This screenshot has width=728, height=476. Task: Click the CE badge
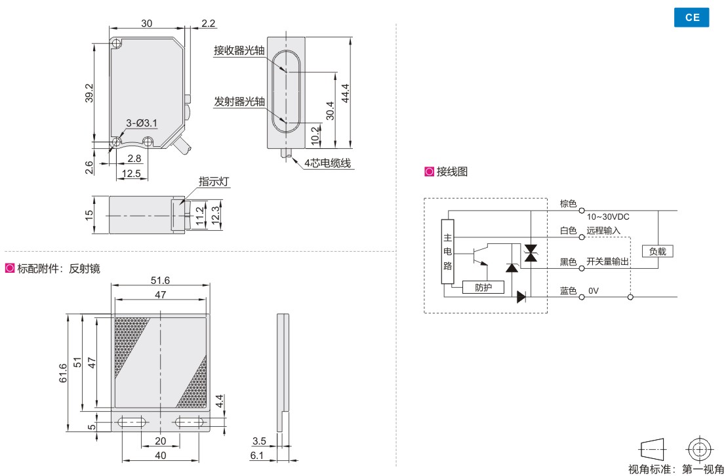click(x=692, y=18)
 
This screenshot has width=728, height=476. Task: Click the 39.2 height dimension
click(x=89, y=92)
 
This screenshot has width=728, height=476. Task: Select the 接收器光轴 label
click(x=239, y=50)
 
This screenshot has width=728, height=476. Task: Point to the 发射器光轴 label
click(x=239, y=102)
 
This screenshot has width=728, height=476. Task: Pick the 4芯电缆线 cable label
click(x=327, y=163)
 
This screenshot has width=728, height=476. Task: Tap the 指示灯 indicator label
click(x=212, y=182)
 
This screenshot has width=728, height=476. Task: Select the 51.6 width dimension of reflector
click(x=160, y=280)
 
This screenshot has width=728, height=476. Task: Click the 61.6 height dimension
click(x=63, y=374)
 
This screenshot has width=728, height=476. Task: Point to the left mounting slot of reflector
click(x=133, y=423)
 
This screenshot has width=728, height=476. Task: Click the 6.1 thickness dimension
click(x=258, y=456)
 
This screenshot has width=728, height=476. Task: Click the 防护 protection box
click(x=483, y=287)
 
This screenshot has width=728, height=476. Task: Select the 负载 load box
click(x=658, y=251)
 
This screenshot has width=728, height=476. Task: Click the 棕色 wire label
click(x=568, y=204)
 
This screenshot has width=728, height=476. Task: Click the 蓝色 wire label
click(x=568, y=290)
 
